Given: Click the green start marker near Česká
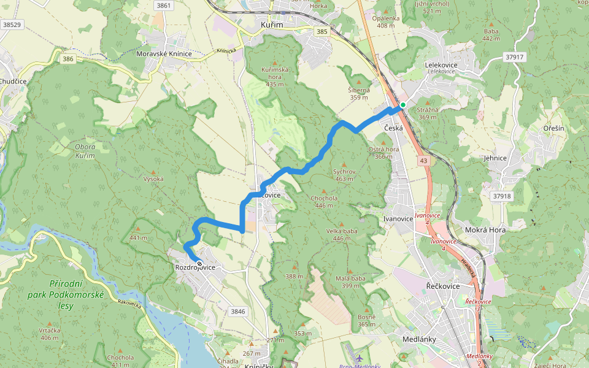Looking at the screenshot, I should tap(403, 105).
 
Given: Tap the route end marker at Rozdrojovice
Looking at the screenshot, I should tap(199, 264).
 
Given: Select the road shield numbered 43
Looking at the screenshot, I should tap(424, 160).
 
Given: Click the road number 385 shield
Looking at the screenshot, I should tap(321, 31).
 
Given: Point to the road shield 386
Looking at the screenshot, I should tap(68, 59).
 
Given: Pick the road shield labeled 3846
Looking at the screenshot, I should tap(238, 312).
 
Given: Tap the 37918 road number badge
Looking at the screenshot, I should tap(501, 196).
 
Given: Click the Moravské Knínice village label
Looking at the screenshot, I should tap(164, 54).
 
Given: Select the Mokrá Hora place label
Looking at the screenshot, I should tap(485, 230).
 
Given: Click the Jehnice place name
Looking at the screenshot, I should tap(495, 158).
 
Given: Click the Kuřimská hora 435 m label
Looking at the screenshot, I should tap(275, 77).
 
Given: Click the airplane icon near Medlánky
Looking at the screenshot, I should tap(359, 357).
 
